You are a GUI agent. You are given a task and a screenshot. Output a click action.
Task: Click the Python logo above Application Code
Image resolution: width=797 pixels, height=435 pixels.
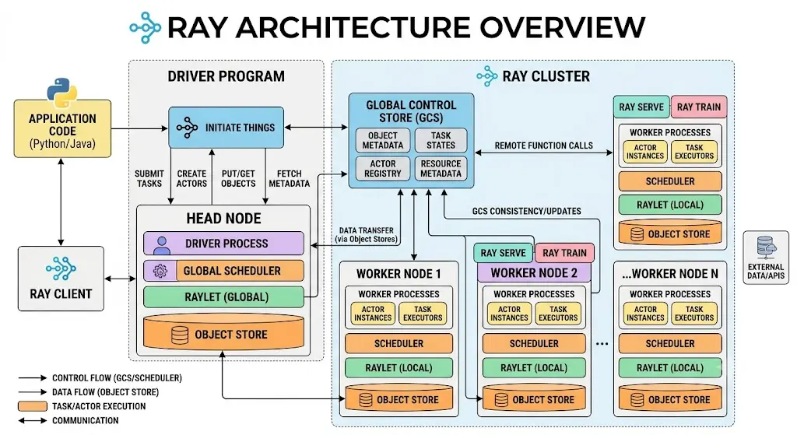(x=62, y=93)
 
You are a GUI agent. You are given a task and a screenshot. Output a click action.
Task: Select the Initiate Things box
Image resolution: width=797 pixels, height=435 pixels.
(x=226, y=128)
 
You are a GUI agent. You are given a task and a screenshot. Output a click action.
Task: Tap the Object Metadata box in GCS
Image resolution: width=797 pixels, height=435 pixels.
(x=382, y=140)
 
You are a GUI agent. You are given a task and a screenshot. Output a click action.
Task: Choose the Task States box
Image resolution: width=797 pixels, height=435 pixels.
(x=441, y=140)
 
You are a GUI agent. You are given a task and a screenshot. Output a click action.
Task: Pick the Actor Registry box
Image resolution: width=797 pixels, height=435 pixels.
(x=382, y=169)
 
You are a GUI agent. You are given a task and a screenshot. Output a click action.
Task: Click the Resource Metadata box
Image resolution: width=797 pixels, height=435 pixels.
(x=441, y=169)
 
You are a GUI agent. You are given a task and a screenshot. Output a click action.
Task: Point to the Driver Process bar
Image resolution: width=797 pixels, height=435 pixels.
(x=223, y=244)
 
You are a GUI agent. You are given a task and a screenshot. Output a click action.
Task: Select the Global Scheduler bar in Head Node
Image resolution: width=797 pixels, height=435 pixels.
(x=223, y=271)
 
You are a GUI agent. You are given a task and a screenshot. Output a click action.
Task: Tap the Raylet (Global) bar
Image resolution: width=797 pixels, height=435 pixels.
(x=223, y=297)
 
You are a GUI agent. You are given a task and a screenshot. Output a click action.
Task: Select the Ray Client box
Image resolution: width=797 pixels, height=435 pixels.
(x=61, y=279)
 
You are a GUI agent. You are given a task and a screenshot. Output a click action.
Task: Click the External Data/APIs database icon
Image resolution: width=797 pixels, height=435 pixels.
(x=766, y=247)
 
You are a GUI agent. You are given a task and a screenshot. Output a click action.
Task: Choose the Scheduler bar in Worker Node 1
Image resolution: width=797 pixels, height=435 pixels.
(x=398, y=343)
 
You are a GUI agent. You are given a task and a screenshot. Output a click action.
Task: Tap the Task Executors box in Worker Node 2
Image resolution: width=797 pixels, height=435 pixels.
(x=558, y=313)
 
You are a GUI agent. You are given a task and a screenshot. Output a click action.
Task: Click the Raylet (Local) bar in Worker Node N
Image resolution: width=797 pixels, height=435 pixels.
(x=670, y=367)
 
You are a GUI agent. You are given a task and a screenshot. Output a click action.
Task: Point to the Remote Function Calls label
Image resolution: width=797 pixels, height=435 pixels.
(x=543, y=146)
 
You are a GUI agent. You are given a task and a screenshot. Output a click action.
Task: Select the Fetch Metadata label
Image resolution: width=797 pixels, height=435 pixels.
(x=290, y=178)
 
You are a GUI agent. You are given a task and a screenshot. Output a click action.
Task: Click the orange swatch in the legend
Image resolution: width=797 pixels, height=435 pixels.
(x=33, y=406)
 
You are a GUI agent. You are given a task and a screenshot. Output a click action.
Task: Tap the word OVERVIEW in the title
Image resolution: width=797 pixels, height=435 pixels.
(x=562, y=27)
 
